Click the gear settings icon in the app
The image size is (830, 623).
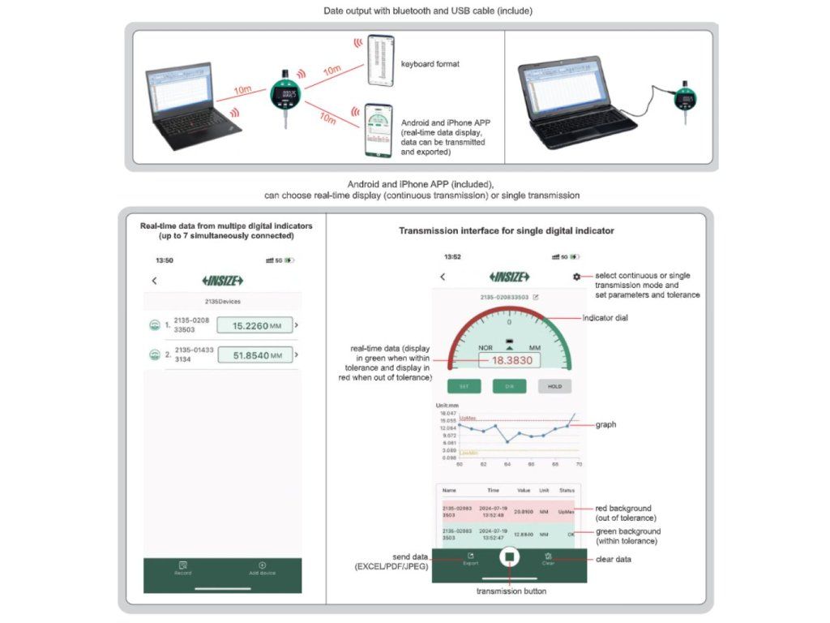(x=576, y=277)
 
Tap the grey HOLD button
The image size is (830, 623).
(x=554, y=387)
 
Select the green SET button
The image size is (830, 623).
(x=464, y=387)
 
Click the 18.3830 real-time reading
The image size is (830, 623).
(x=509, y=361)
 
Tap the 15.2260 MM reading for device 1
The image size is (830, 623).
(x=255, y=325)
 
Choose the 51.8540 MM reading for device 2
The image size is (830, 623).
(x=255, y=355)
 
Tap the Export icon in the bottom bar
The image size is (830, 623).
(x=470, y=558)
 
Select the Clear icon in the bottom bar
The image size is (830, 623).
(x=549, y=558)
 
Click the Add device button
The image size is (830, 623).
(x=262, y=568)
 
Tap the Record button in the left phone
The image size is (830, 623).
(x=183, y=568)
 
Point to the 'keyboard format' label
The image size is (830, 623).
(x=430, y=63)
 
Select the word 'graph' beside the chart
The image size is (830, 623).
(x=605, y=424)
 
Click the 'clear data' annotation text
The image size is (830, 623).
(x=614, y=559)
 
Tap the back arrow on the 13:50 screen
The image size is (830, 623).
(x=155, y=281)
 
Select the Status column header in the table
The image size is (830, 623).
(x=567, y=490)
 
